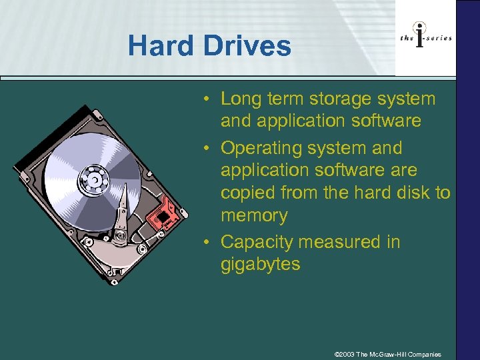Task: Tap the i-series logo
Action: [425, 37]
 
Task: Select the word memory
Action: [254, 216]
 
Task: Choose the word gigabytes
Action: [261, 264]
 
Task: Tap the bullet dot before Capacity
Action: [209, 241]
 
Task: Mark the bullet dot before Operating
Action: [209, 148]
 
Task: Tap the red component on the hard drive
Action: [164, 213]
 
